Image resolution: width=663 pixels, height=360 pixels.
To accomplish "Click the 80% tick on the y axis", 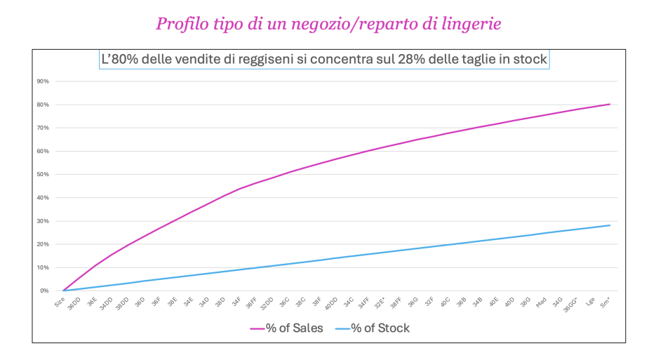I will coord(43,105).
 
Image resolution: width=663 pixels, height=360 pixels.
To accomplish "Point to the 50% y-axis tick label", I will coord(43,174).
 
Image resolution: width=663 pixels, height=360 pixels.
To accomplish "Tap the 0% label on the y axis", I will coord(45,291).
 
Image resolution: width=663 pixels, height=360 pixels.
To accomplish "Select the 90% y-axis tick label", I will coord(43,81).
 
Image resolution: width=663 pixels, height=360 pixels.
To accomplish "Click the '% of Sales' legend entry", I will coord(288,328).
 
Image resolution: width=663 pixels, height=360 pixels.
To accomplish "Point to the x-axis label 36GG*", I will coord(572,304).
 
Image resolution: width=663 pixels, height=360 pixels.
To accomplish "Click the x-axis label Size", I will coord(60,301).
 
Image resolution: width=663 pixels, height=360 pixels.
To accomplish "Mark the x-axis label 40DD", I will coord(332,303).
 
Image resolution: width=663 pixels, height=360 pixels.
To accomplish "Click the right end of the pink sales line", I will coord(610,104).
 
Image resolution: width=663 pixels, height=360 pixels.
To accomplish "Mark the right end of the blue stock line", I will coord(610,225).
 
